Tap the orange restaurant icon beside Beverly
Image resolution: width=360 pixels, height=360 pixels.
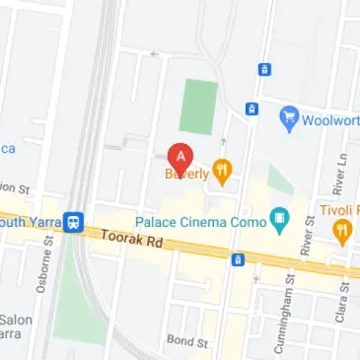(224, 173)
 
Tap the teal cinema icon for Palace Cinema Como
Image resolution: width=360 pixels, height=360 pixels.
(280, 220)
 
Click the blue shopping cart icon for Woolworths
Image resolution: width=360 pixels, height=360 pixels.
(290, 117)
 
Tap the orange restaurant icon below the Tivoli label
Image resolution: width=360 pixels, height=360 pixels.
(342, 233)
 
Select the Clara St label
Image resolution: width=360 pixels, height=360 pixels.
(346, 294)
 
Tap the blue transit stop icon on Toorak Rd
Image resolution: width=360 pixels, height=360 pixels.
(237, 259)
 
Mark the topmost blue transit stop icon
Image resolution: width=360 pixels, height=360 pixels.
(263, 69)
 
